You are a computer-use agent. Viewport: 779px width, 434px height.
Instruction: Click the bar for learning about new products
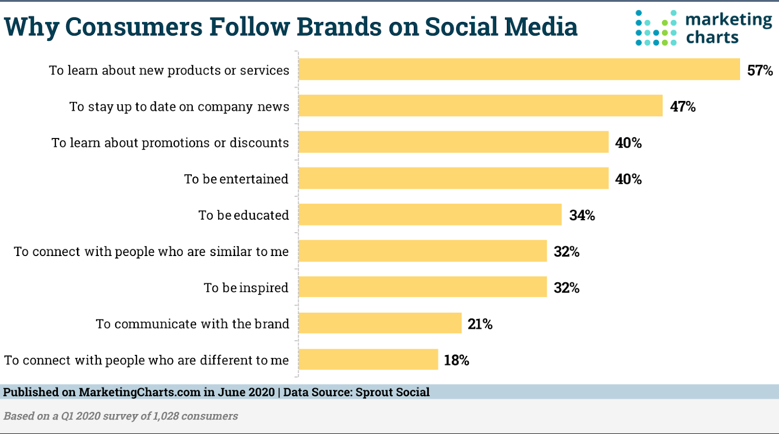(x=519, y=69)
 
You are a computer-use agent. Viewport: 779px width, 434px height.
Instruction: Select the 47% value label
(x=683, y=106)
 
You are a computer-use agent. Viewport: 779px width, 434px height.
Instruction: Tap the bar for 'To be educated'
(x=430, y=215)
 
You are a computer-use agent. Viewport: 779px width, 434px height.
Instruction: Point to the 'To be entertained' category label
(x=236, y=179)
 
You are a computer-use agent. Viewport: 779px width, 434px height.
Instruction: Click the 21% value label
(x=480, y=324)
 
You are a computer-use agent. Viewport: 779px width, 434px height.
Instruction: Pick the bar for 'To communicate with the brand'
(x=380, y=323)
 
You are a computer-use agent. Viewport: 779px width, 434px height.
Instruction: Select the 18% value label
(x=456, y=360)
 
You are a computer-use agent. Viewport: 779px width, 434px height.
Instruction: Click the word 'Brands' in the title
(x=339, y=27)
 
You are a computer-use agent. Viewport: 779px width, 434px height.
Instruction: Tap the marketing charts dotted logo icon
(x=656, y=28)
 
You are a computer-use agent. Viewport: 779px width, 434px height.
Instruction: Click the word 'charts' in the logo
(x=712, y=38)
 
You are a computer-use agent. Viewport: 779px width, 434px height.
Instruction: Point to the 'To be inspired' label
(x=246, y=288)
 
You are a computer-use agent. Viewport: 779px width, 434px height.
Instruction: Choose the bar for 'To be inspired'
(x=423, y=287)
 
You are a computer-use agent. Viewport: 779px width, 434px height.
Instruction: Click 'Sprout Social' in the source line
(x=392, y=392)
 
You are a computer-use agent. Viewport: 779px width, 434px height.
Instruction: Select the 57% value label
(x=760, y=70)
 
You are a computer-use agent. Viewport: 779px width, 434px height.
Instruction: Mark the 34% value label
(x=582, y=215)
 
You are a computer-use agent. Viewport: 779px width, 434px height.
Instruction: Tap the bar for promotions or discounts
(x=453, y=142)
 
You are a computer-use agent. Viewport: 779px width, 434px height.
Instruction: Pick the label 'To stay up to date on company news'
(x=179, y=107)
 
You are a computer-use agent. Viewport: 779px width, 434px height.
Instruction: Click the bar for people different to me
(x=368, y=359)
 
